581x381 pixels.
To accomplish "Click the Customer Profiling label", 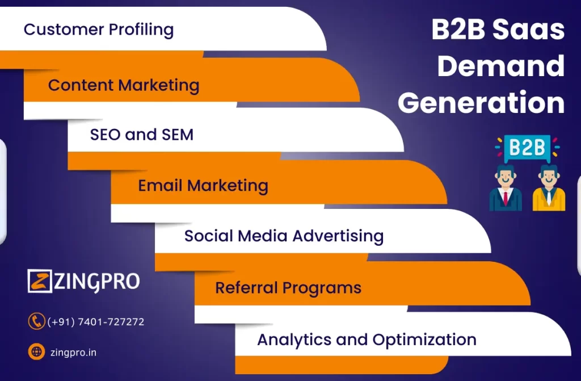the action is tap(99, 30).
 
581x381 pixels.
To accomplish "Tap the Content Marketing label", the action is tap(124, 85).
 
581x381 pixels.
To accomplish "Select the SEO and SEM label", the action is tap(142, 135).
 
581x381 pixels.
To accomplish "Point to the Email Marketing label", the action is tap(203, 186).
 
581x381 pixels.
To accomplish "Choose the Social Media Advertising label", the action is tap(284, 236).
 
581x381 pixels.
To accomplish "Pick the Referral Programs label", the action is tap(288, 288).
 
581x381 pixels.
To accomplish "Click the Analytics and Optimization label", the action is tap(367, 340).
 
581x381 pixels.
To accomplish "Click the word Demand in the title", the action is tap(501, 66).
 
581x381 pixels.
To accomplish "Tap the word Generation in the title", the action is tap(481, 102).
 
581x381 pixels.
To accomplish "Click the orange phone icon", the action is tap(36, 321).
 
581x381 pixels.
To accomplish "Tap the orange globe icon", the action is tap(36, 351).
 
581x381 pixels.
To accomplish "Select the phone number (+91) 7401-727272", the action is tap(95, 321).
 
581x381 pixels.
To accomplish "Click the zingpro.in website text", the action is tap(73, 352).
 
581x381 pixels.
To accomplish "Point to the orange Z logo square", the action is tap(40, 281).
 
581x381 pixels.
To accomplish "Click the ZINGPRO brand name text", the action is tap(97, 282).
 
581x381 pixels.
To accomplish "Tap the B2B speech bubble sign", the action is tap(527, 148).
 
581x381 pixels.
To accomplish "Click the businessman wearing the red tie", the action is tap(506, 188).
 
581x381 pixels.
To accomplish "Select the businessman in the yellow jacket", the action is tap(549, 188).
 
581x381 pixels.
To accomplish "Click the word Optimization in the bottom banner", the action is tap(424, 340).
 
